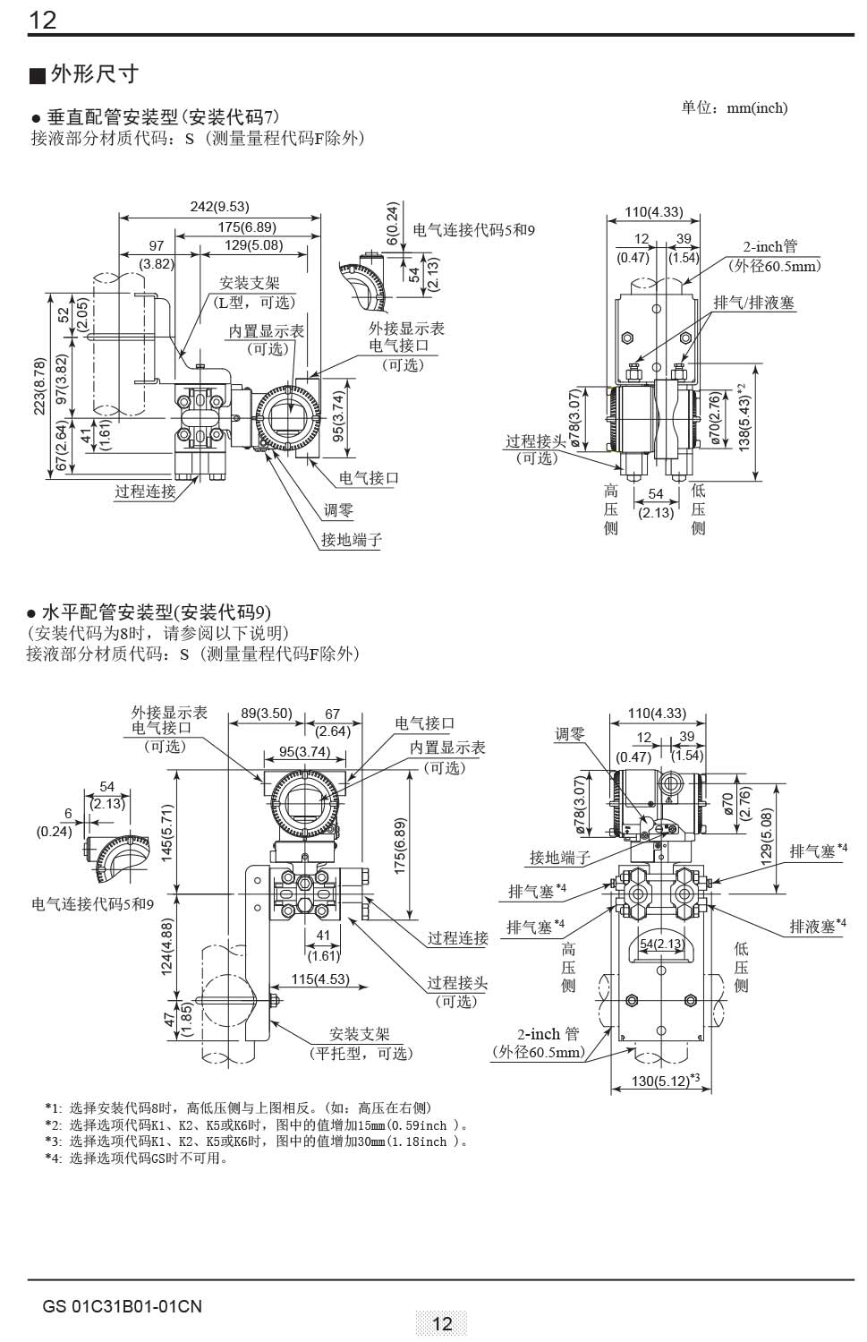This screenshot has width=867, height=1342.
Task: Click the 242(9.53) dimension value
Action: (x=219, y=207)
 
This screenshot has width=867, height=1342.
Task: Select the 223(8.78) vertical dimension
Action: (x=38, y=387)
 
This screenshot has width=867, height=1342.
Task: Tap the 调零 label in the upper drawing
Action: (x=338, y=510)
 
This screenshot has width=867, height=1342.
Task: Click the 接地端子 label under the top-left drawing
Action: (x=352, y=540)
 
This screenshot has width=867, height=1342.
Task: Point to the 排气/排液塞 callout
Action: (x=753, y=303)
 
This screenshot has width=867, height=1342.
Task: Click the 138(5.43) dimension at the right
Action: (x=744, y=416)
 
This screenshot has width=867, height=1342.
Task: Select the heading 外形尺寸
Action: (x=94, y=73)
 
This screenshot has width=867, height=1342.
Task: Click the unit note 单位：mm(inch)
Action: (x=734, y=108)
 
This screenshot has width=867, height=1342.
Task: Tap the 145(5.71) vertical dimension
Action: (x=167, y=833)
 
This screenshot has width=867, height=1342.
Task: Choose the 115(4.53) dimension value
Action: (x=319, y=979)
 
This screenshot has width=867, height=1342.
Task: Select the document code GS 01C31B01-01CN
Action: (x=122, y=1306)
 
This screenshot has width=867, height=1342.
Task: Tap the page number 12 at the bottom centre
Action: (x=442, y=1323)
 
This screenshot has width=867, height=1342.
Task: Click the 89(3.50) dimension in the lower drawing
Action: (x=267, y=714)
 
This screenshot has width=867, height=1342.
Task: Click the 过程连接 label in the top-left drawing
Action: (x=145, y=491)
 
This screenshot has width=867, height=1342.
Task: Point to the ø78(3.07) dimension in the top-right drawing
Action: (x=576, y=418)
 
